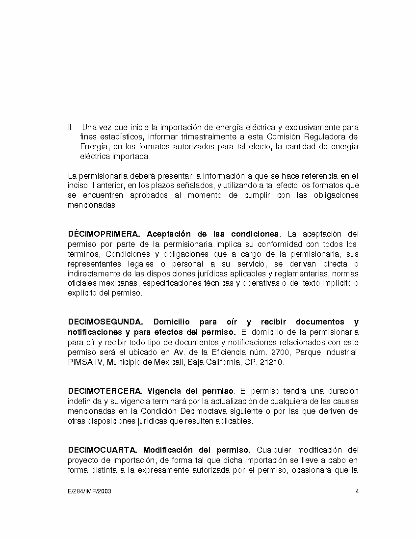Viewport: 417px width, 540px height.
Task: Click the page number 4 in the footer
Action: pos(357,491)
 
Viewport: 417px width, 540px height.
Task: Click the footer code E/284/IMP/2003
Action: pos(89,491)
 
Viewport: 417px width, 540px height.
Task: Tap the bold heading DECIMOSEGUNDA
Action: pos(105,322)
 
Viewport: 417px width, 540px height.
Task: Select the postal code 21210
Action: pos(272,362)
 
